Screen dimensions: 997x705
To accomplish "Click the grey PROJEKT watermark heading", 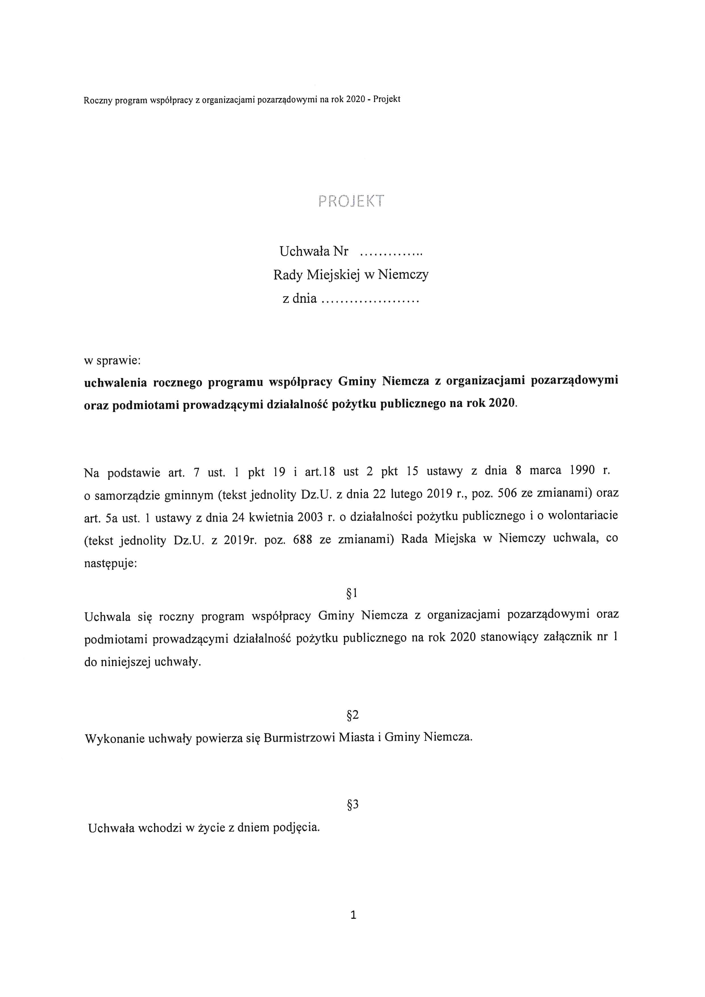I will click(x=351, y=201).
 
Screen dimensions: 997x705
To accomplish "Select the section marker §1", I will click(x=352, y=593).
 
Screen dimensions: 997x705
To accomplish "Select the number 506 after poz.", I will click(x=507, y=493).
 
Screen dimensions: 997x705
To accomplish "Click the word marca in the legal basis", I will click(x=545, y=470).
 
